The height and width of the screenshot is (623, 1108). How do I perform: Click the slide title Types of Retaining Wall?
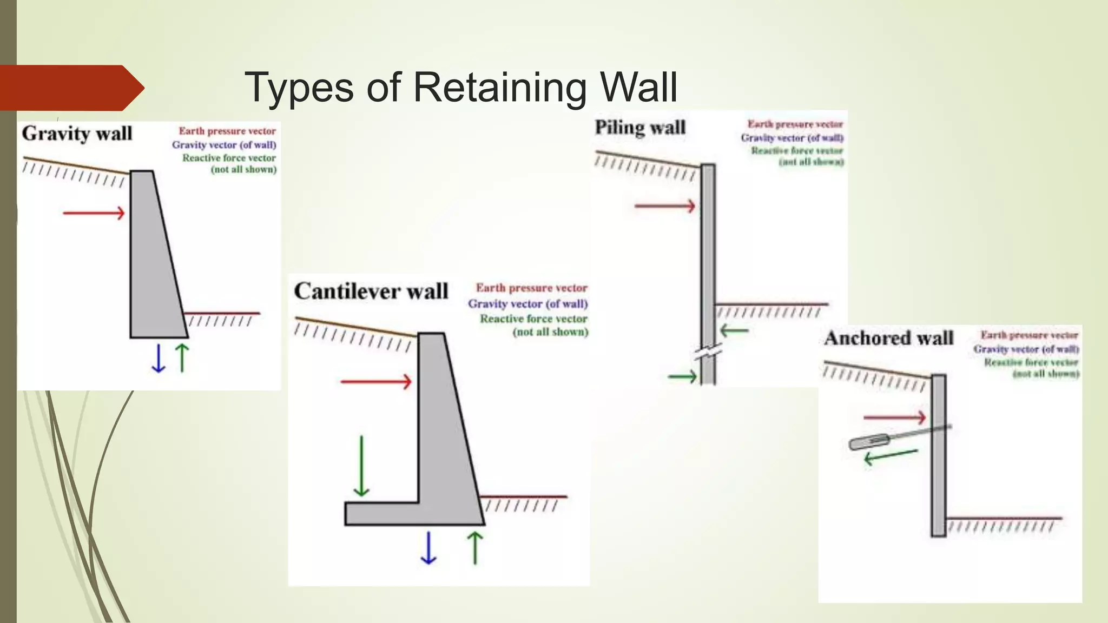click(460, 87)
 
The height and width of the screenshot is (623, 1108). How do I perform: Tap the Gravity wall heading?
click(77, 134)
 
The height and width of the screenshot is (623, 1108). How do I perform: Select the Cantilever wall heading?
click(371, 291)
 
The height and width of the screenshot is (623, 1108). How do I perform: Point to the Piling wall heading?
click(640, 128)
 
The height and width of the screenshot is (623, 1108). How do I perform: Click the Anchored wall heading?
click(888, 339)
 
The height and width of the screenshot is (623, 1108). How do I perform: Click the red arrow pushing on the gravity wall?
click(94, 213)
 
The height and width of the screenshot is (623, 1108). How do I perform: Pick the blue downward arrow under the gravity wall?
click(159, 358)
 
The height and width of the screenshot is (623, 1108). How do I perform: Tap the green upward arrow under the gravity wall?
click(183, 357)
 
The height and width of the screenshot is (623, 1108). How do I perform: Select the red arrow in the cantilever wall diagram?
click(376, 382)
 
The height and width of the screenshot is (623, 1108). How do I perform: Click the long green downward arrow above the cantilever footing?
click(361, 466)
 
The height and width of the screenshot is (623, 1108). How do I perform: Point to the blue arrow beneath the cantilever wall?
click(428, 548)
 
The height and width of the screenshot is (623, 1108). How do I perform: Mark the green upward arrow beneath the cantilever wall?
click(475, 548)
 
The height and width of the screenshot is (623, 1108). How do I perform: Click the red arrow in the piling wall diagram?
click(665, 206)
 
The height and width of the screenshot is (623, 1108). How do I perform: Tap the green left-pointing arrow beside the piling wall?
click(734, 330)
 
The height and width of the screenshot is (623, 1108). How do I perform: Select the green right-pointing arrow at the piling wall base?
click(682, 376)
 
